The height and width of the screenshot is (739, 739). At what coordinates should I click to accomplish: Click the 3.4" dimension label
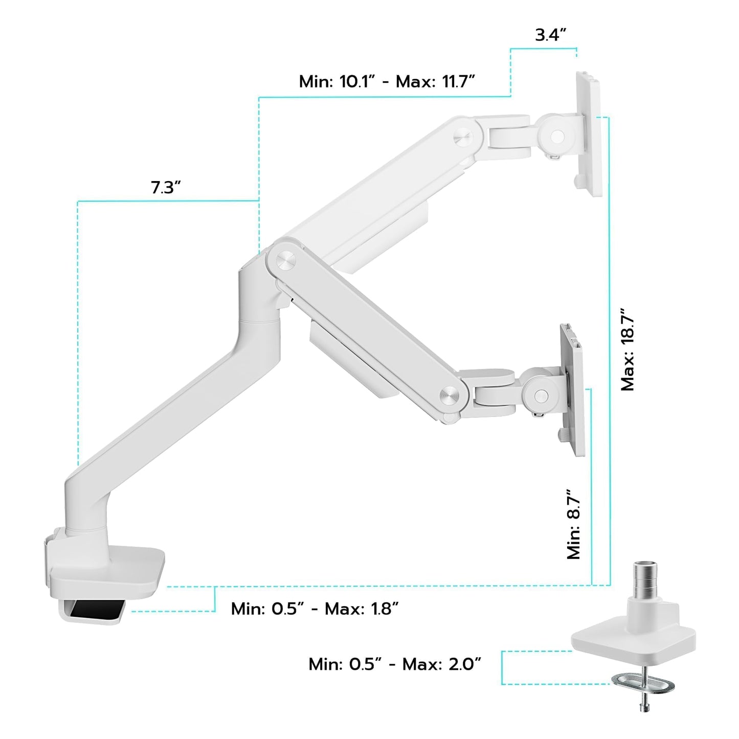550,35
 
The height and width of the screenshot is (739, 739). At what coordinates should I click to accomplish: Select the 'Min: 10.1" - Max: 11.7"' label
387,81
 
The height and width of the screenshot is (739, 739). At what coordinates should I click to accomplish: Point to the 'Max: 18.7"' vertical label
628,350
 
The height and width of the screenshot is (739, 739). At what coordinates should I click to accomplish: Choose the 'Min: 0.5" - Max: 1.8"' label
315,609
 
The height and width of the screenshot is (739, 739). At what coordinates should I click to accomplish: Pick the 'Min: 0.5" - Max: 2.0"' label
395,664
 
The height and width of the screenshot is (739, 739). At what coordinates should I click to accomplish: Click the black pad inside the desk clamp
97,609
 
